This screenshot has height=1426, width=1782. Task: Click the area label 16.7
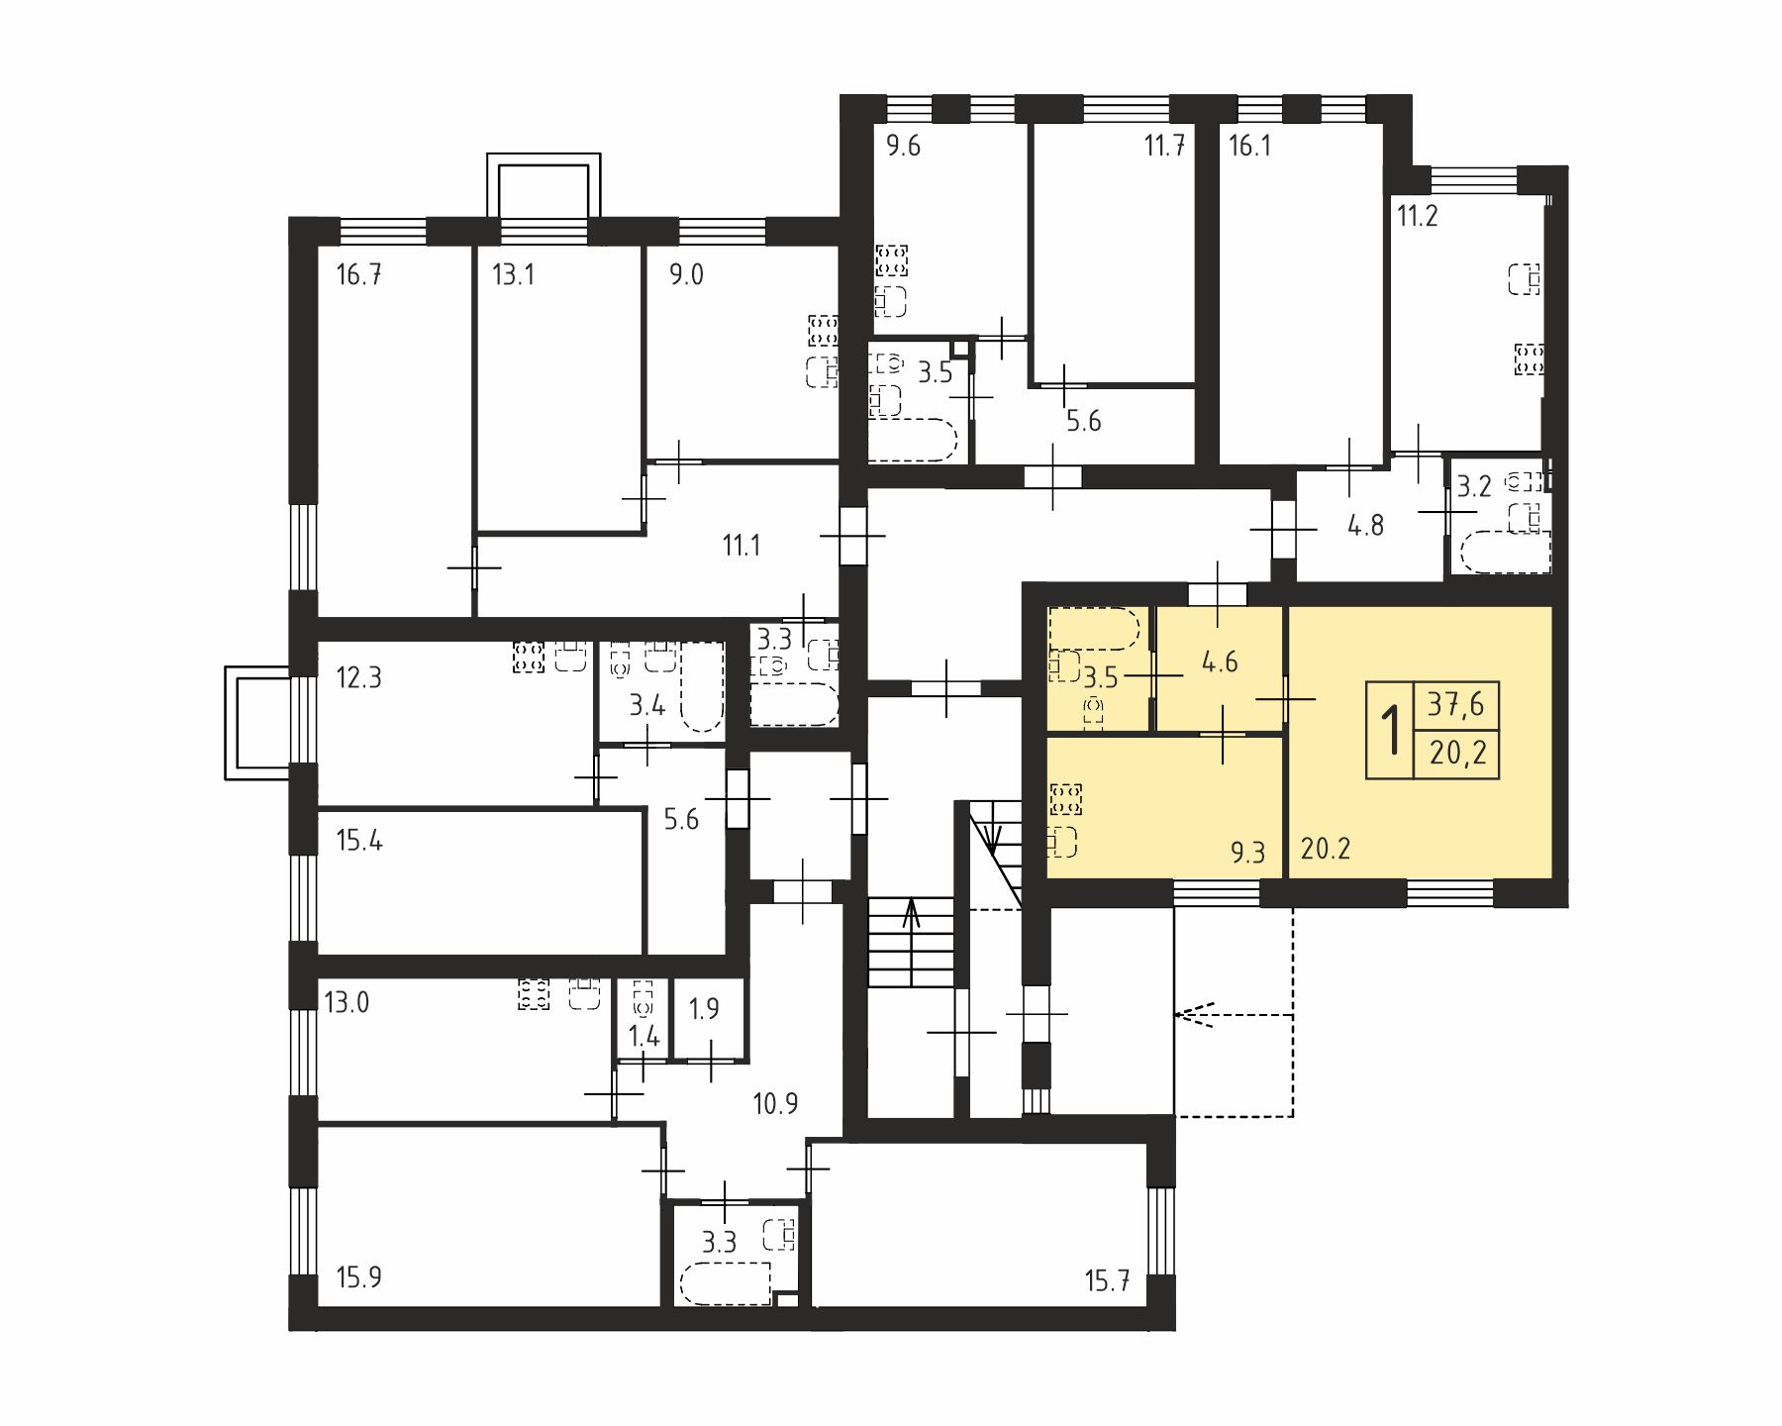pos(358,274)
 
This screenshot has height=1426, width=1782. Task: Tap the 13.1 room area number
pos(513,274)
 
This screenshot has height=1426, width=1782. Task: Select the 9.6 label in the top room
pos(903,147)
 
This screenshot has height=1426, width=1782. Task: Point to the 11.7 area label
pos(1165,147)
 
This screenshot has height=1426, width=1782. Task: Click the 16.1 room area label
pos(1249,147)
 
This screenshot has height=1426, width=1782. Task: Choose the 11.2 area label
pos(1417,216)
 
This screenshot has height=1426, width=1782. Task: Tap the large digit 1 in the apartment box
pos(1392,730)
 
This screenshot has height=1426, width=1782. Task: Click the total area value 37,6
pos(1456,704)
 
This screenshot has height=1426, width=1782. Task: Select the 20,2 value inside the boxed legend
pos(1457,755)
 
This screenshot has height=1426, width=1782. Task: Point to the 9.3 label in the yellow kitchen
pos(1247,852)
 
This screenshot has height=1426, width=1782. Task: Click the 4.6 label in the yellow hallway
pos(1220,662)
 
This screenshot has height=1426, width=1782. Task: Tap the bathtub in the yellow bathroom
pos(1095,627)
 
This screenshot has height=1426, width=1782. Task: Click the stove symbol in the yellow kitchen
pos(1065,799)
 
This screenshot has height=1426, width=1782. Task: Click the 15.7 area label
pos(1107,1281)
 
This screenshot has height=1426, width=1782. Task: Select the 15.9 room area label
pos(358,1277)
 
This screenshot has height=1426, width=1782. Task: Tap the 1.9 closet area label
pos(704,1009)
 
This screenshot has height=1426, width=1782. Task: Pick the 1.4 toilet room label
pos(644,1037)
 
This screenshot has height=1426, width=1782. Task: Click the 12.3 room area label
pos(358,678)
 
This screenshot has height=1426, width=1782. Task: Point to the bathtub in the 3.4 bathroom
pos(702,686)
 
